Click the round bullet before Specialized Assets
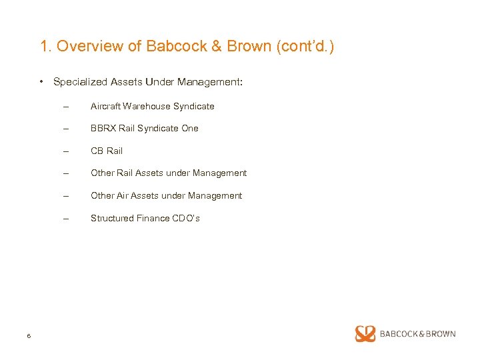pos(41,82)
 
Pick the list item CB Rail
pos(107,151)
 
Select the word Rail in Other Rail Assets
pos(125,173)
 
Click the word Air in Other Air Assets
pos(123,195)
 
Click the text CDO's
pos(185,218)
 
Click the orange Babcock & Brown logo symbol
pos(365,333)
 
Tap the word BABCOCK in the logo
pos(397,333)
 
